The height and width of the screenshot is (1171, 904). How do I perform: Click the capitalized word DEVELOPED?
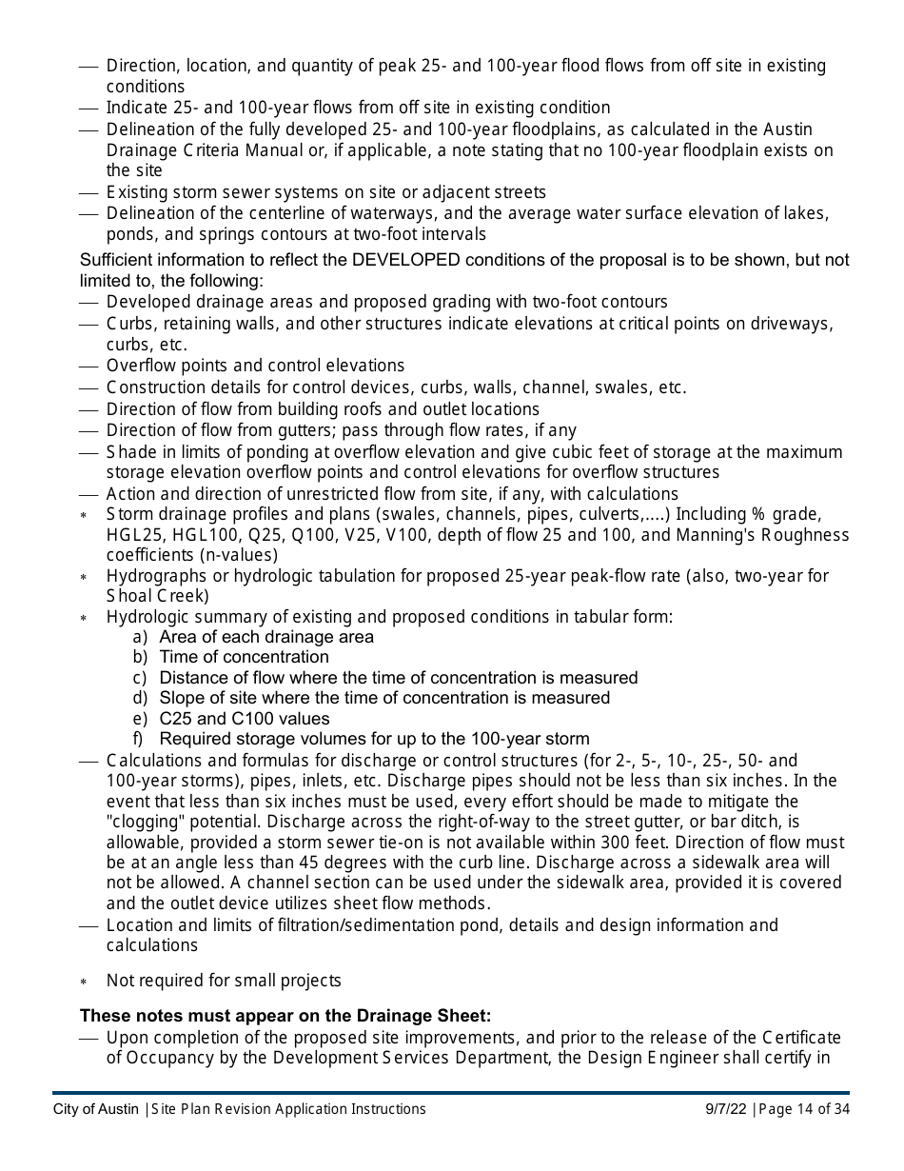pyautogui.click(x=406, y=261)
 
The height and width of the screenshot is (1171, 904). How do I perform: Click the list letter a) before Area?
pyautogui.click(x=140, y=637)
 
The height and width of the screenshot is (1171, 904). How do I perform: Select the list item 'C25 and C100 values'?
pyautogui.click(x=245, y=719)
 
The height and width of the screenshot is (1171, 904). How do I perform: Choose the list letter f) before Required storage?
pyautogui.click(x=140, y=739)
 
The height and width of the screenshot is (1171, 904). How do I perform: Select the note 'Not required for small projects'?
pyautogui.click(x=224, y=981)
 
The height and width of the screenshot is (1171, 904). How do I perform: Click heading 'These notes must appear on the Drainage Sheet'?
pyautogui.click(x=285, y=1016)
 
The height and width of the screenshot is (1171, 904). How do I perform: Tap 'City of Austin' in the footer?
pyautogui.click(x=95, y=1109)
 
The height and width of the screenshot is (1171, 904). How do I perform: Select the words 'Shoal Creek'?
pyautogui.click(x=157, y=596)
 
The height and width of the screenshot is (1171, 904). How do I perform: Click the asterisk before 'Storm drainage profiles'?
pyautogui.click(x=84, y=515)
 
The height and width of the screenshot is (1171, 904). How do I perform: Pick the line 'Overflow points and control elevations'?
pyautogui.click(x=255, y=366)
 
